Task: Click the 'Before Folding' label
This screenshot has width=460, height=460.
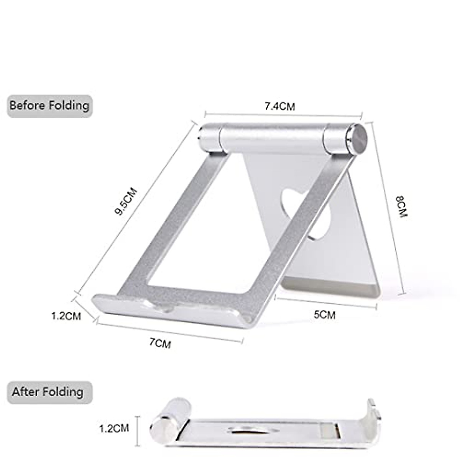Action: coord(49,105)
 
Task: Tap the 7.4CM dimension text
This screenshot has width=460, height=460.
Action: coord(280,107)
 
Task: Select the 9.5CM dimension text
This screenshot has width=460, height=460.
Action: coord(126,201)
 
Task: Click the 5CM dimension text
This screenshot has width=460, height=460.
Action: coord(324,315)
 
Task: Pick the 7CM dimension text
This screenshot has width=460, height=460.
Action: coord(160,343)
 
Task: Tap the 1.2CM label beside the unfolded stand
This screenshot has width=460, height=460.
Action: coord(66,316)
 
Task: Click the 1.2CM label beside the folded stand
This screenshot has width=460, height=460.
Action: coord(114,428)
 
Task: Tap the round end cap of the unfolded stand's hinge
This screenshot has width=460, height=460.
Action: coord(358,139)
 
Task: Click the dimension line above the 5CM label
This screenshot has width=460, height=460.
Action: coord(326,302)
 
